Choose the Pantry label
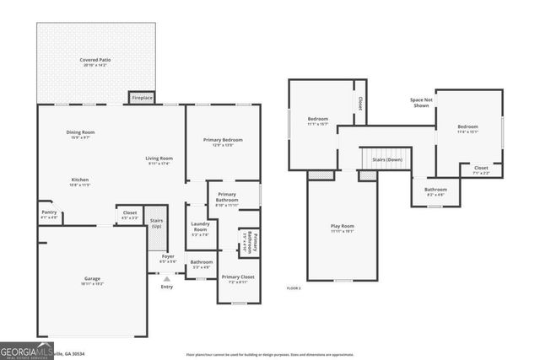[x=49, y=215]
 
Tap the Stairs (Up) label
[x=155, y=225]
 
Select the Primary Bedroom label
[x=223, y=141]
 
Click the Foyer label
[x=168, y=257]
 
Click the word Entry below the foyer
[x=166, y=287]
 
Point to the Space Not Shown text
[x=421, y=103]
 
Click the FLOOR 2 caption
[x=294, y=288]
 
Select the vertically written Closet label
[x=359, y=103]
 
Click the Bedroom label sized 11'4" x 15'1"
[x=467, y=128]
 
